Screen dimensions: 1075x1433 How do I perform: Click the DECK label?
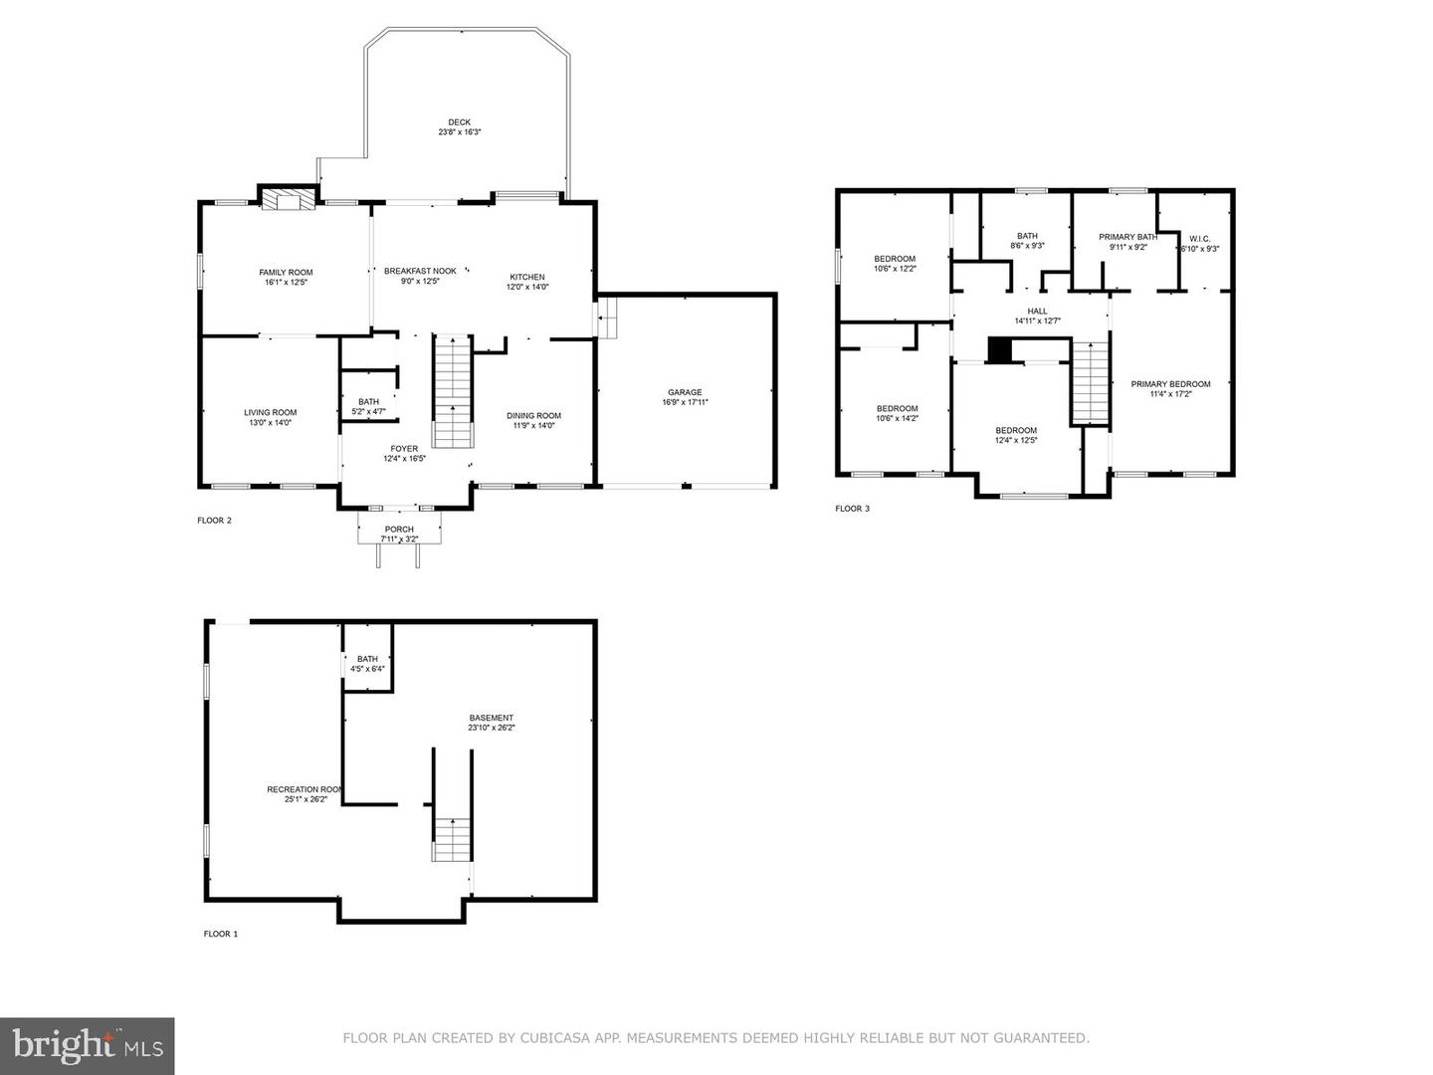click(459, 122)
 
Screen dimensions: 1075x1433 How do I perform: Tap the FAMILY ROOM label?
click(286, 273)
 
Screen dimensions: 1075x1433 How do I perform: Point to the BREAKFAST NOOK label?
click(420, 271)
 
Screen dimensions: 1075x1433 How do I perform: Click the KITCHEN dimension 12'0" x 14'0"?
click(527, 287)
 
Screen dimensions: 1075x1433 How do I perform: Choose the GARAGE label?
click(685, 392)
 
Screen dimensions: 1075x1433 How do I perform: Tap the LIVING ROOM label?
click(270, 412)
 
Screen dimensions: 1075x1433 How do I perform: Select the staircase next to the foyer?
click(452, 390)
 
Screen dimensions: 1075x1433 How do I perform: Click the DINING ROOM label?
click(533, 416)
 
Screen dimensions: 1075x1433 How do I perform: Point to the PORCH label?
click(399, 530)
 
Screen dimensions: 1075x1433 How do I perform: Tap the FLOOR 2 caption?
click(214, 520)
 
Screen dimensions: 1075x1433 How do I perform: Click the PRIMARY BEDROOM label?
click(1170, 384)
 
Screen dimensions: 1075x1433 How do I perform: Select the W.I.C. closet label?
click(1199, 239)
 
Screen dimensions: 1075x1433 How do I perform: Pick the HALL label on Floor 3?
click(1037, 311)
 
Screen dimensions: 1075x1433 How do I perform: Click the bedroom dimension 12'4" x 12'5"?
click(1016, 440)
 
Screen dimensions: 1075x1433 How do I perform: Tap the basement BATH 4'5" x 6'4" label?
click(367, 664)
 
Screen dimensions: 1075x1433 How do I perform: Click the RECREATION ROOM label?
click(305, 789)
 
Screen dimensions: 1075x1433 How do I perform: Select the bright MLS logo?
click(87, 1045)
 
